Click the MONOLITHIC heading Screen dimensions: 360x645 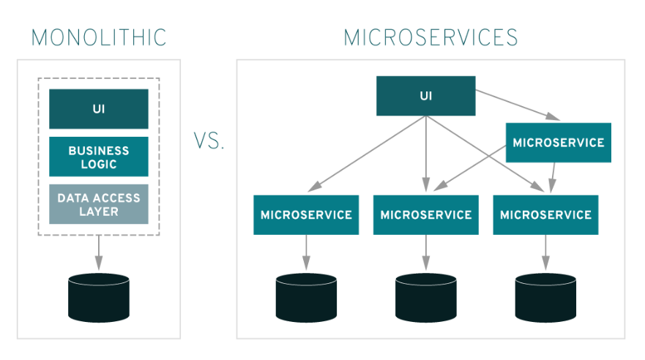[99, 37]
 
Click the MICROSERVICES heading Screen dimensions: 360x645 [430, 37]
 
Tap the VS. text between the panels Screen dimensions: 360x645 [209, 141]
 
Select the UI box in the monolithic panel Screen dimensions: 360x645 [99, 109]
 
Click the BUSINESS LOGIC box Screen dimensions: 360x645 [99, 157]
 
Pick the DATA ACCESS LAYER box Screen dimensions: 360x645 [99, 204]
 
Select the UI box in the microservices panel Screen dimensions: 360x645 [425, 96]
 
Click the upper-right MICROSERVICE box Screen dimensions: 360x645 [559, 142]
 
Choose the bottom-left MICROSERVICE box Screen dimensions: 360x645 [306, 215]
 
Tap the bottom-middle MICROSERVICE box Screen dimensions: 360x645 [425, 215]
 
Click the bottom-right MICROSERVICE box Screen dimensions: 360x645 [545, 215]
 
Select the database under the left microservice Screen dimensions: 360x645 [306, 298]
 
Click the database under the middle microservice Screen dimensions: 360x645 [425, 298]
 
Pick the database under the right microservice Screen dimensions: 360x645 [545, 298]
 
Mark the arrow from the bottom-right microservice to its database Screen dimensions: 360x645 [545, 253]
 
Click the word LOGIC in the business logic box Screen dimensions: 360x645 [99, 165]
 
